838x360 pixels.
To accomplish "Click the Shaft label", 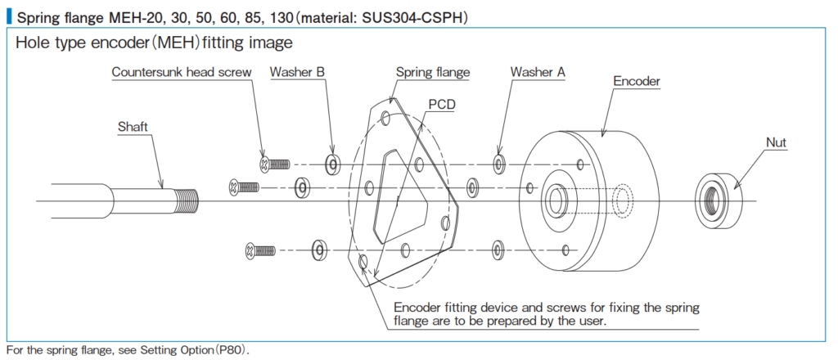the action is tap(133, 127).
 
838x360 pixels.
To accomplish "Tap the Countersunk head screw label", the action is tap(181, 72).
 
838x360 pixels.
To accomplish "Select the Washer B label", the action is tap(297, 71).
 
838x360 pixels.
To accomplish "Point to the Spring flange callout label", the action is tap(433, 71).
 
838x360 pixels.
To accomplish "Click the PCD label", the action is tap(442, 105).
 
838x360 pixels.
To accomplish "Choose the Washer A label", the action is tap(538, 71).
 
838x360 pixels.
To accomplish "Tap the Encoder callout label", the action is tap(637, 82).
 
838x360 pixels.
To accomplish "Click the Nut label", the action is tap(776, 142).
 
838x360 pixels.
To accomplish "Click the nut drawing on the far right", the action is tap(719, 200).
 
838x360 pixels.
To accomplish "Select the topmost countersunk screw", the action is tap(273, 164).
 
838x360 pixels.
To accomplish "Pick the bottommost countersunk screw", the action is tap(260, 250).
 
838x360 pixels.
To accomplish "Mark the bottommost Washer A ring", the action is tap(498, 249).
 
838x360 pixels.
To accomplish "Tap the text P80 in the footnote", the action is tap(232, 351).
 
